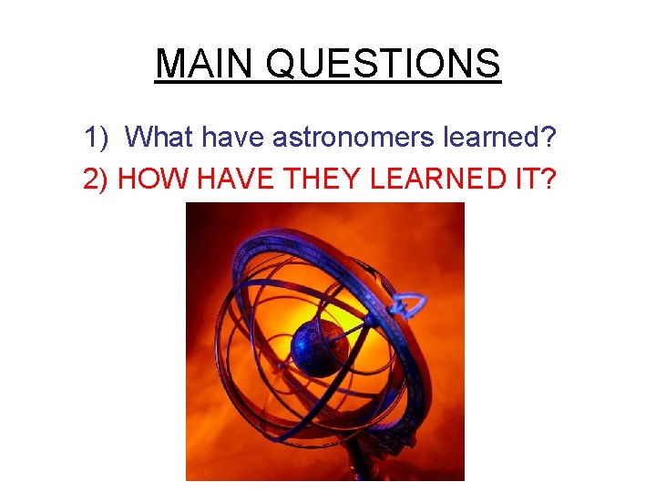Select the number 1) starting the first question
(97, 138)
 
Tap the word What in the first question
(160, 137)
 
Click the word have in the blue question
(233, 137)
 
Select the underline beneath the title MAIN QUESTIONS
(328, 83)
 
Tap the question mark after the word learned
(547, 137)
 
